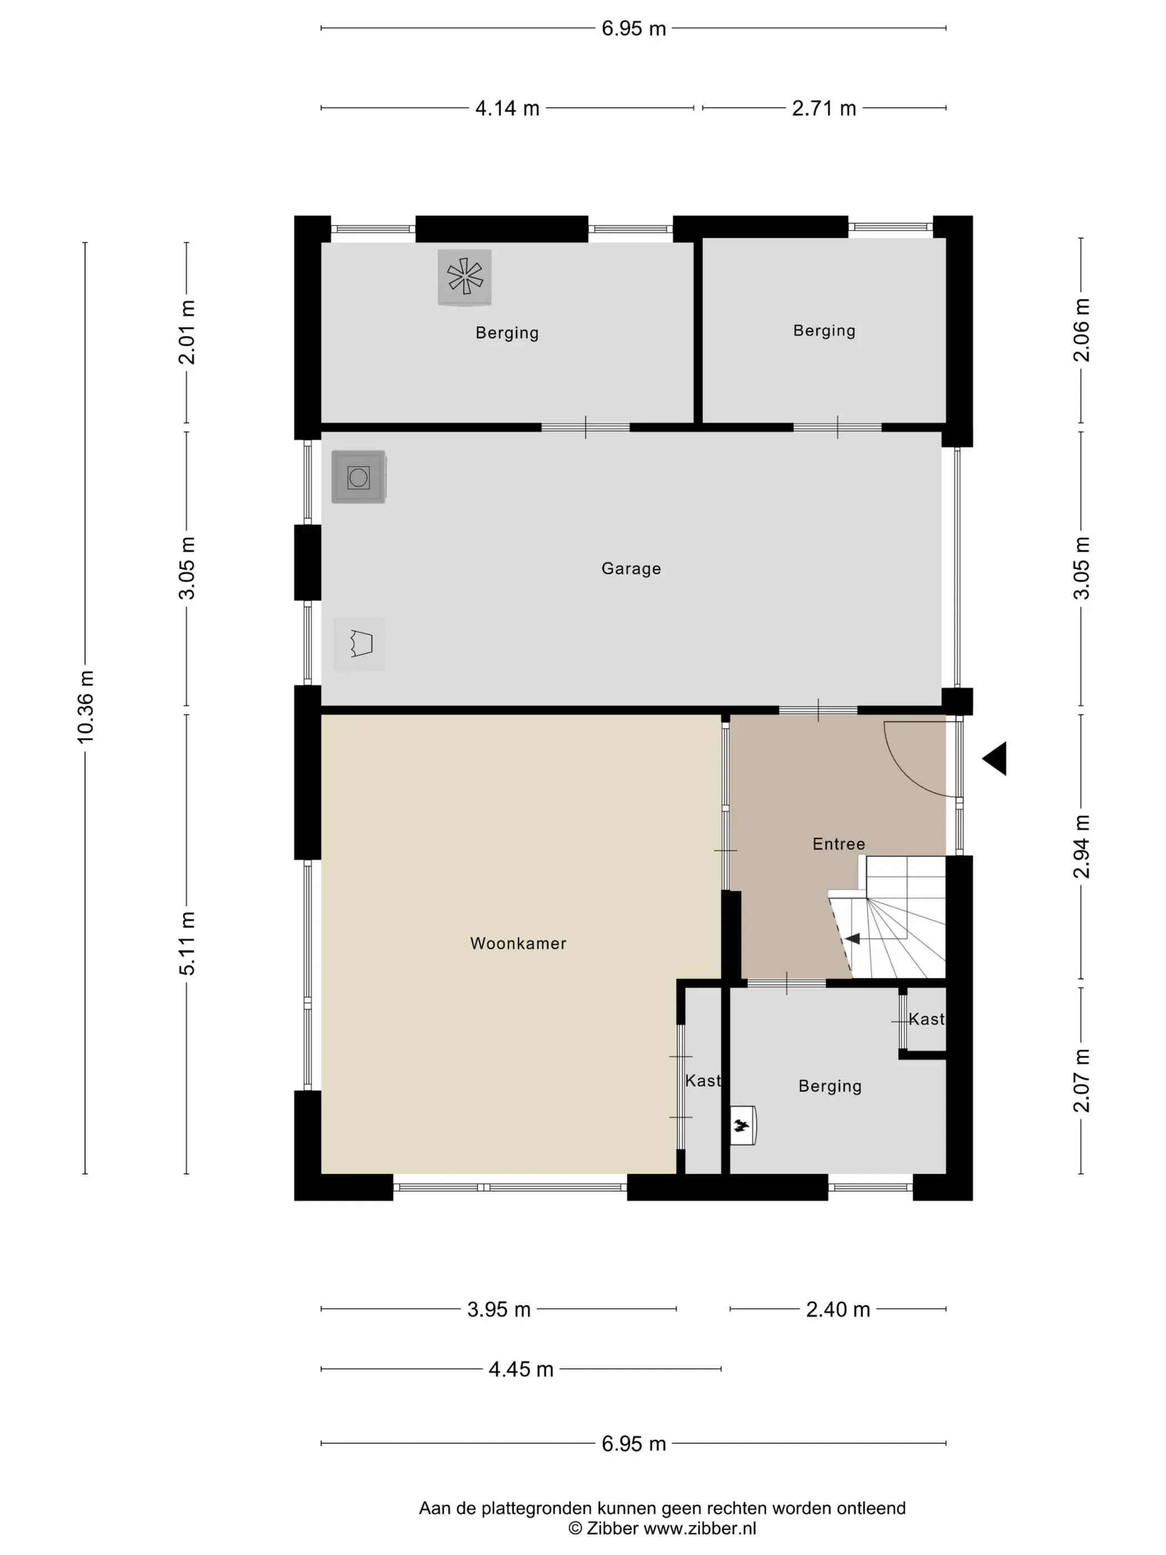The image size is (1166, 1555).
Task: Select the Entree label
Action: tap(838, 844)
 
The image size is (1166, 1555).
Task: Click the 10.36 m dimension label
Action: tap(85, 706)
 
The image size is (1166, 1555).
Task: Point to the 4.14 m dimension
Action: tap(507, 108)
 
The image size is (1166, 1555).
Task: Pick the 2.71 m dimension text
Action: tap(824, 108)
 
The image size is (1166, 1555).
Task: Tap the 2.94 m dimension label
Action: tap(1082, 846)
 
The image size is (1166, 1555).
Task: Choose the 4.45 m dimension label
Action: tap(521, 1370)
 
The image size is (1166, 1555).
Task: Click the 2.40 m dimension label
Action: tap(838, 1310)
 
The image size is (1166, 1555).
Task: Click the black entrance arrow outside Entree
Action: tap(994, 759)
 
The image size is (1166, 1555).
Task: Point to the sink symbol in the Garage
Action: tap(360, 644)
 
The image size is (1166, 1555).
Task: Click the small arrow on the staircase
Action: tap(852, 939)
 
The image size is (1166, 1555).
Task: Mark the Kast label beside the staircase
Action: tap(926, 1019)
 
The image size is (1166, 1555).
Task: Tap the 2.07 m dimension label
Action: tap(1082, 1081)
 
